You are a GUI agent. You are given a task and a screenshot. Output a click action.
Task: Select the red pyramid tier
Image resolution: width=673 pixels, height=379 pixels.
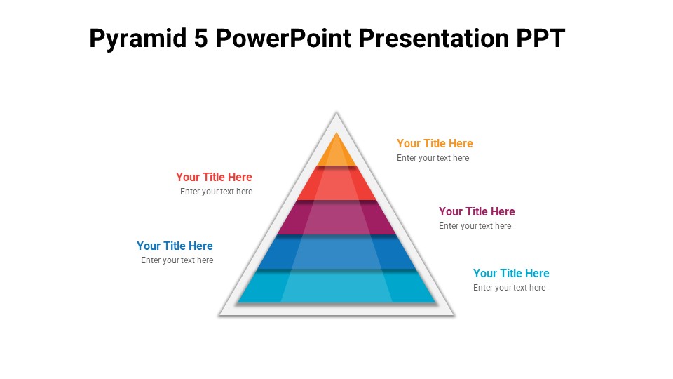point(336,184)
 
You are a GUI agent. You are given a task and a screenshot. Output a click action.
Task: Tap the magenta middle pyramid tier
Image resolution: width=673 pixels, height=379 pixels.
point(336,218)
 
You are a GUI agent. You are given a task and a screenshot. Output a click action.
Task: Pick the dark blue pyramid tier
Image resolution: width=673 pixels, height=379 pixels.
point(336,253)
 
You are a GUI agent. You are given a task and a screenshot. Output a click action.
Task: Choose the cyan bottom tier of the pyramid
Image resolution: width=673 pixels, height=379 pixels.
point(336,288)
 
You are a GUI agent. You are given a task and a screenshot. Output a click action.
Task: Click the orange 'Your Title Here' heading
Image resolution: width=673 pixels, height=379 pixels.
point(435,143)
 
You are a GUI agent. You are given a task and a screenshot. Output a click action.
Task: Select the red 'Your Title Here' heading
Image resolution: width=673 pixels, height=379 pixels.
point(214,177)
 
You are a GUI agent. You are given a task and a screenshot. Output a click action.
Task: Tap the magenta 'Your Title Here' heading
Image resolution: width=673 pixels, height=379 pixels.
point(477,211)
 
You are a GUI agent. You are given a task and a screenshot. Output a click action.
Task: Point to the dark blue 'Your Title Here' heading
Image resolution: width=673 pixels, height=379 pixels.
point(175,246)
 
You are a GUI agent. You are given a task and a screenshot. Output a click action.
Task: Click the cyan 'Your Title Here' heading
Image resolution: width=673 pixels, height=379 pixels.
point(511,273)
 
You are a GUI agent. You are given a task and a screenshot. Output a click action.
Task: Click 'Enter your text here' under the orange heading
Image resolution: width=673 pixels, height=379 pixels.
point(433,158)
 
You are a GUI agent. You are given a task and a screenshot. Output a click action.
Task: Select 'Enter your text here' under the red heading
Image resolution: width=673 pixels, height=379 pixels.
point(216,192)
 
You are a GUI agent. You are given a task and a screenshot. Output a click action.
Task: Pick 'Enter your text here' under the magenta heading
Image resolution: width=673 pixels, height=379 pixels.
point(475,226)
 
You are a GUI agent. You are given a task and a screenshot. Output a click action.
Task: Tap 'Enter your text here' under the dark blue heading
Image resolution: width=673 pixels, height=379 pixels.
point(177,260)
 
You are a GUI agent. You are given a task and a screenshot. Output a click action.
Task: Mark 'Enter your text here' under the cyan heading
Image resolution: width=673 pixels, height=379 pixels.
point(509,288)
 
